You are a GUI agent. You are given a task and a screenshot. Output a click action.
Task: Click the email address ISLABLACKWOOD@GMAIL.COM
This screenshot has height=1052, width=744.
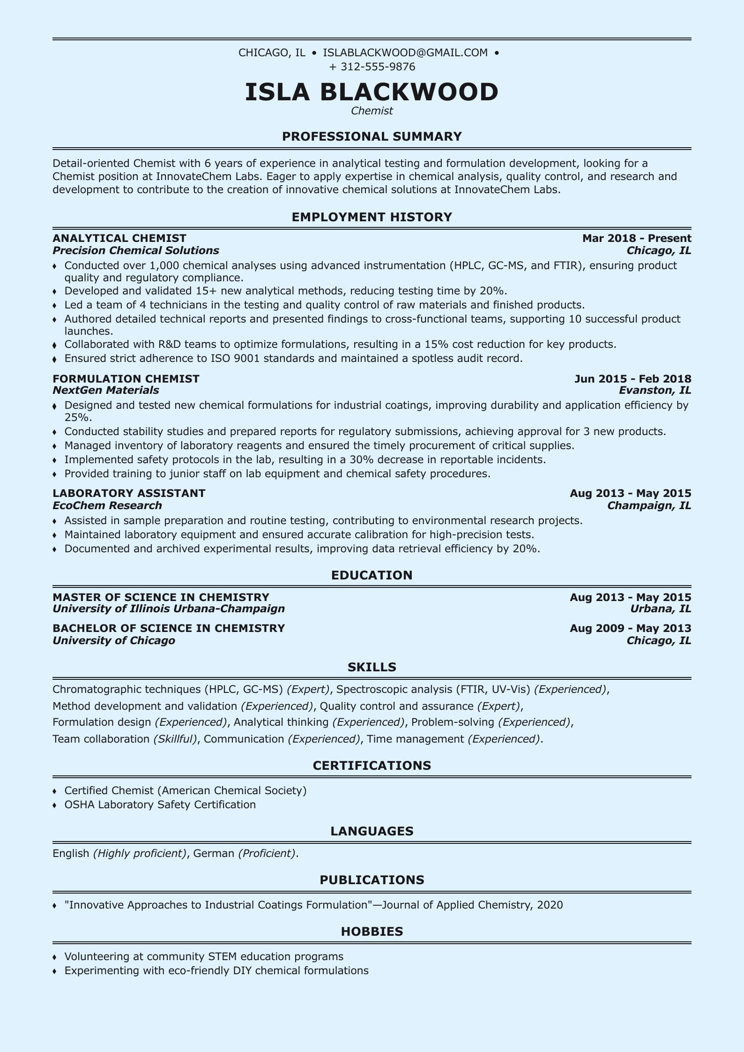click(405, 53)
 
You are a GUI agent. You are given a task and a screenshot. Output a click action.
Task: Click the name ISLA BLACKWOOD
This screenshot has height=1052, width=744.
click(372, 92)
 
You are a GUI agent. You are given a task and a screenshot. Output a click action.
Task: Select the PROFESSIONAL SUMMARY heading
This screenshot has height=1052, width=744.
click(372, 136)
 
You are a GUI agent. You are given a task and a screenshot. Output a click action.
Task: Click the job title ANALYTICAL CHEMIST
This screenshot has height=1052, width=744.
click(119, 238)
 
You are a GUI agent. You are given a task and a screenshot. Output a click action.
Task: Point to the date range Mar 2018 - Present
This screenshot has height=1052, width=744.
click(637, 238)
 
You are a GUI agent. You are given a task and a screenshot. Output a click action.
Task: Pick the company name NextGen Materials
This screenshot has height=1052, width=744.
click(106, 390)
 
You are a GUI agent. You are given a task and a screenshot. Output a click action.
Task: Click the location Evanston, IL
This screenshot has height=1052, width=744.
click(655, 390)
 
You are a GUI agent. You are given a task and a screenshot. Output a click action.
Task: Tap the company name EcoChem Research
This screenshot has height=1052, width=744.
click(107, 505)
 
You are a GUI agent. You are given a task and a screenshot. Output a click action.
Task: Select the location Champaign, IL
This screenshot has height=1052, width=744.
click(649, 505)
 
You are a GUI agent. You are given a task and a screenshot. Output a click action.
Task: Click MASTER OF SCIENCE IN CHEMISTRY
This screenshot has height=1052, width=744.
click(161, 597)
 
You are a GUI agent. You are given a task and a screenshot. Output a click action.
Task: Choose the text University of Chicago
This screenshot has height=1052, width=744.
click(114, 640)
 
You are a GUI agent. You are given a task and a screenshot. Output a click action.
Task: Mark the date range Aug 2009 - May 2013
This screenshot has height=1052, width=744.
click(631, 628)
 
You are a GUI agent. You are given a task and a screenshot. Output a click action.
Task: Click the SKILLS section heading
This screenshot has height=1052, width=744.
click(372, 667)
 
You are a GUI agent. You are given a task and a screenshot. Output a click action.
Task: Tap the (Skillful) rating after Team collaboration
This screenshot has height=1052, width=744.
click(175, 739)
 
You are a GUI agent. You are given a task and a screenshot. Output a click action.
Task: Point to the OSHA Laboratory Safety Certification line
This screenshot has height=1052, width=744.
click(160, 804)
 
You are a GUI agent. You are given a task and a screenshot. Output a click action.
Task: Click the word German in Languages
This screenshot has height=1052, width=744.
click(214, 853)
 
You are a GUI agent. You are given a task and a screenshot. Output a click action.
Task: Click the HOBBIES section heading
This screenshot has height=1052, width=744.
click(372, 932)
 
